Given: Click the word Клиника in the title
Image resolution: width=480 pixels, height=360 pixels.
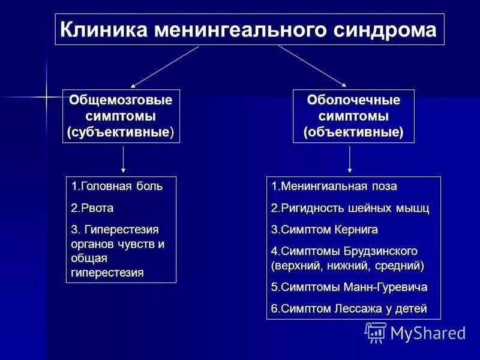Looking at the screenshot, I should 103,29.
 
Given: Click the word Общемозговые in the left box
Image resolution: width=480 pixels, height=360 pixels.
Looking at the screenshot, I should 121,100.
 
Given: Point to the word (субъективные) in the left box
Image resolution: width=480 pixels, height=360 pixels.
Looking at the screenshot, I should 121,131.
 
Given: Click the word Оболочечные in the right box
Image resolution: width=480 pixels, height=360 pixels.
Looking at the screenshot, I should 353,100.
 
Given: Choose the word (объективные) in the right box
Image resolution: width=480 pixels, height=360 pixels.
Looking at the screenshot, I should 353,131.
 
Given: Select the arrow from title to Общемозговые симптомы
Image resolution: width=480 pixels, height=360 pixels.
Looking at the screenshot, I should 164,67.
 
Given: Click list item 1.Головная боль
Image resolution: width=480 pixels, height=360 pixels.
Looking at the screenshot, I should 116,187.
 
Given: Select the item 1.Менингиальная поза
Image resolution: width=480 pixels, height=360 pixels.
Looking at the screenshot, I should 334,187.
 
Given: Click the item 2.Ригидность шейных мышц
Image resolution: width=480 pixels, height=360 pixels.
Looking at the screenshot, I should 350,208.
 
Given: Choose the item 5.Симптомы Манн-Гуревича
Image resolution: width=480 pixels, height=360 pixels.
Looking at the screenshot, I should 349,287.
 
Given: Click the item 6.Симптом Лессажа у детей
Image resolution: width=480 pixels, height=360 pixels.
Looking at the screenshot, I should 349,309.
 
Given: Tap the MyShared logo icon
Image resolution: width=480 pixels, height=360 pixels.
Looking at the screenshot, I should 376,332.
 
